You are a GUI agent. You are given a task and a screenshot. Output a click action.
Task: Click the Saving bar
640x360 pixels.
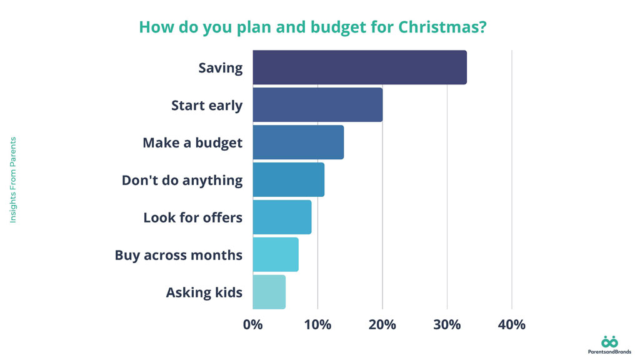[359, 67]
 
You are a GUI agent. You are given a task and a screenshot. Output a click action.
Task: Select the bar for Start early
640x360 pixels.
[317, 105]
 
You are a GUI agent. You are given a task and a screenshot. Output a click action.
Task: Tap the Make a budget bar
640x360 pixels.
[298, 142]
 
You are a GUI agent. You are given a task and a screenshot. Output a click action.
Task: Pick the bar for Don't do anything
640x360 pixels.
[288, 180]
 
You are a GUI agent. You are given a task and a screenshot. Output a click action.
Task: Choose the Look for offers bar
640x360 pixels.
[282, 217]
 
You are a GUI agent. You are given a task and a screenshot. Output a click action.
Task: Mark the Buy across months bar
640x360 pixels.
[276, 254]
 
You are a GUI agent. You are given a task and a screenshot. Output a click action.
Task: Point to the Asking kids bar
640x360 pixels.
[269, 292]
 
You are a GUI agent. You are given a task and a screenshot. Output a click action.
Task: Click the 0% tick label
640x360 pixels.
[252, 325]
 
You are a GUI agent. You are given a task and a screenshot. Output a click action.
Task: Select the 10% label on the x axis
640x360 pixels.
[317, 325]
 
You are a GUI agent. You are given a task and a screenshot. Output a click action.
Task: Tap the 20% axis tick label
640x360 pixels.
[382, 325]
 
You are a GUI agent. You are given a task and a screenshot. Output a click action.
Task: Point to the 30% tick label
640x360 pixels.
[447, 325]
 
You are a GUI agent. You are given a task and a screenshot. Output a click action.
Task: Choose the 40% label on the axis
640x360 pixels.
[512, 325]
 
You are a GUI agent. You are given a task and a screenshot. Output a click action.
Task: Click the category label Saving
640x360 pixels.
[220, 68]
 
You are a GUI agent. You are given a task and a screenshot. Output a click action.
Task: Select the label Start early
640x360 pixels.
[207, 106]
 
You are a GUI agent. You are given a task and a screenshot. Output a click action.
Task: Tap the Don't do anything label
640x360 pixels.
[182, 180]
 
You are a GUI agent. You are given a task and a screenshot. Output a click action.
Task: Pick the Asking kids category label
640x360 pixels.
[204, 292]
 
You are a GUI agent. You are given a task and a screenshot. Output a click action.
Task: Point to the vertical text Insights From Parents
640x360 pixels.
[13, 180]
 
